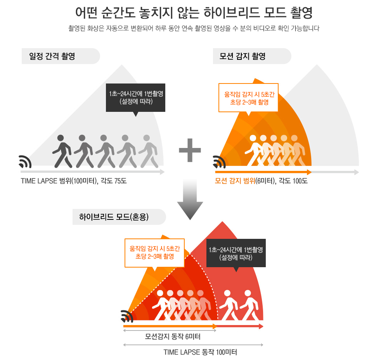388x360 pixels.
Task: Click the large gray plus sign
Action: coord(190,150)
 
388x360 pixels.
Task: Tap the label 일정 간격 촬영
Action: coord(52,56)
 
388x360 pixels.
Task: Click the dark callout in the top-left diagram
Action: coord(136,98)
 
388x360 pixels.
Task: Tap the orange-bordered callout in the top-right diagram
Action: coord(248,98)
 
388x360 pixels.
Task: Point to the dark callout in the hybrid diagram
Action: coord(236,254)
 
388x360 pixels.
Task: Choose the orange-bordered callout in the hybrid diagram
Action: coord(154,253)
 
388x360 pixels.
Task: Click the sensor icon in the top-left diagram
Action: coord(25,162)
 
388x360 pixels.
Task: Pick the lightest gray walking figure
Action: coord(148,151)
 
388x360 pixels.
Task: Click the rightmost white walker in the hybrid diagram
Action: coord(249,305)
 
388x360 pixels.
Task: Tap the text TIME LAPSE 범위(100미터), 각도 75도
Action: coord(74,181)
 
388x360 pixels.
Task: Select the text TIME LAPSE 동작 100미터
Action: coord(200,353)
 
